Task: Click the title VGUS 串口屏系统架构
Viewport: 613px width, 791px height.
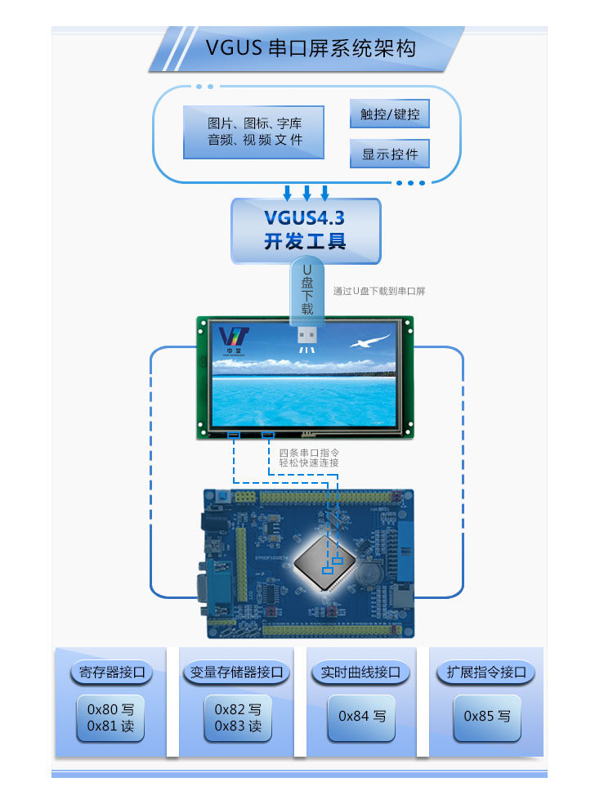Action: (311, 47)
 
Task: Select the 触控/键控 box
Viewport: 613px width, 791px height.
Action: (390, 114)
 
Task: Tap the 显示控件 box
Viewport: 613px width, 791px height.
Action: (390, 154)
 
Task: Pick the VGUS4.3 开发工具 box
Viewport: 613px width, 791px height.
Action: (306, 230)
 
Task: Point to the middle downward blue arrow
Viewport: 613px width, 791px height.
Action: (306, 193)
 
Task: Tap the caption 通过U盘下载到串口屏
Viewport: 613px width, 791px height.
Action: (379, 292)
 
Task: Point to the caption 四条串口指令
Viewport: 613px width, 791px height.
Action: (303, 452)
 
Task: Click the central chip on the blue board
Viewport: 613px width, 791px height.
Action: (324, 560)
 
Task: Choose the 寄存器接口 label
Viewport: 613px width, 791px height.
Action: (111, 673)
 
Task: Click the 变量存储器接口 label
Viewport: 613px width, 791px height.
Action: (236, 673)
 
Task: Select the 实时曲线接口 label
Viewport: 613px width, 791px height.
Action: (360, 673)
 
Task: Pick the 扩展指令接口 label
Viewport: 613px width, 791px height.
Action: (485, 673)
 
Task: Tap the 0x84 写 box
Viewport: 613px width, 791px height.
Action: (361, 716)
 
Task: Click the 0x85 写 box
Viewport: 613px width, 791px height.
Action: (486, 716)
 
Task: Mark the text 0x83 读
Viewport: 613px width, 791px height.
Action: (237, 726)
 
